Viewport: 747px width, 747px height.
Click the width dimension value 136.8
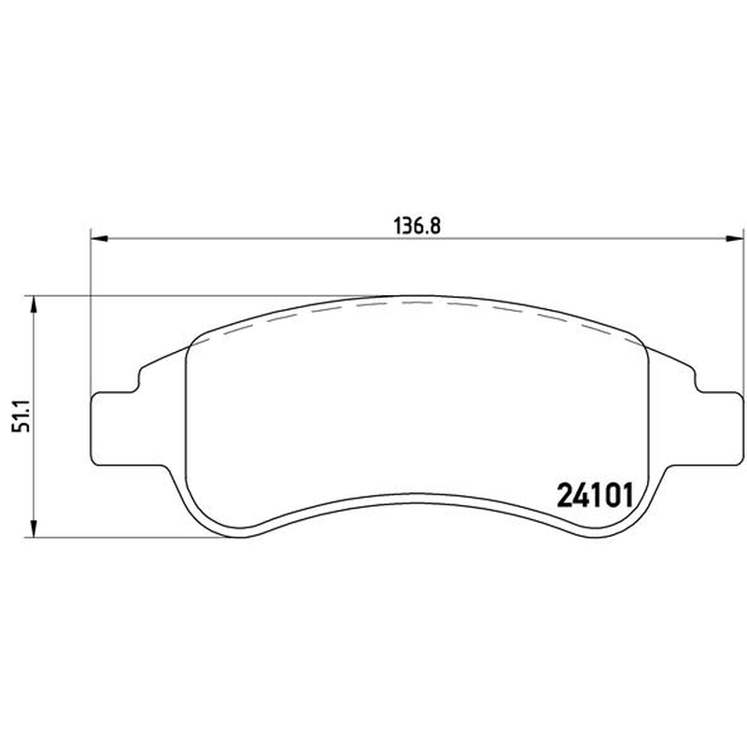[417, 226]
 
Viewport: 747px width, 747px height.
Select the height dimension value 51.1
[21, 416]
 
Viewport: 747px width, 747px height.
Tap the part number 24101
[595, 496]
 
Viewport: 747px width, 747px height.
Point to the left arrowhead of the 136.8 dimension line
[99, 238]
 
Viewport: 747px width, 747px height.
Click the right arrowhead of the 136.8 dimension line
[734, 238]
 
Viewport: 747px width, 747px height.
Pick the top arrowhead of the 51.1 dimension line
[34, 304]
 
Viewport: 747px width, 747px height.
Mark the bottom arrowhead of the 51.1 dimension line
[34, 529]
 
